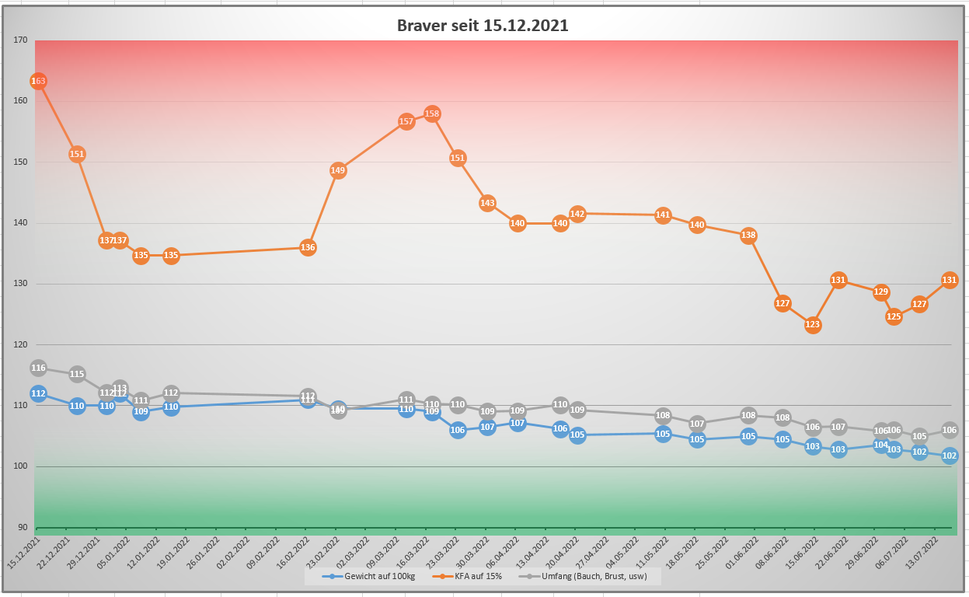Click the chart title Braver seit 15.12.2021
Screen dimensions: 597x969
483,25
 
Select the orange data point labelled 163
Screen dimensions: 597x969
38,81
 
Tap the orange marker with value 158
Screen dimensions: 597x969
433,113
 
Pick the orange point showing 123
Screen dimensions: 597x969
813,325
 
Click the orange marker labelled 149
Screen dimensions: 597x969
338,170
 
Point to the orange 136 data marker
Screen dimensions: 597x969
308,247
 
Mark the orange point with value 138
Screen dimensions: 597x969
748,235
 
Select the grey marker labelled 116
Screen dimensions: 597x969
38,368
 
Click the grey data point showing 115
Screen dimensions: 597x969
77,374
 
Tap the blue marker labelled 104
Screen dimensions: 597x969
881,445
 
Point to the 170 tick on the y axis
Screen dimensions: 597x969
20,40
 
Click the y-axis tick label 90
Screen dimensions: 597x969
22,528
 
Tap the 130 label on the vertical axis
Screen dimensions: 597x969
20,284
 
